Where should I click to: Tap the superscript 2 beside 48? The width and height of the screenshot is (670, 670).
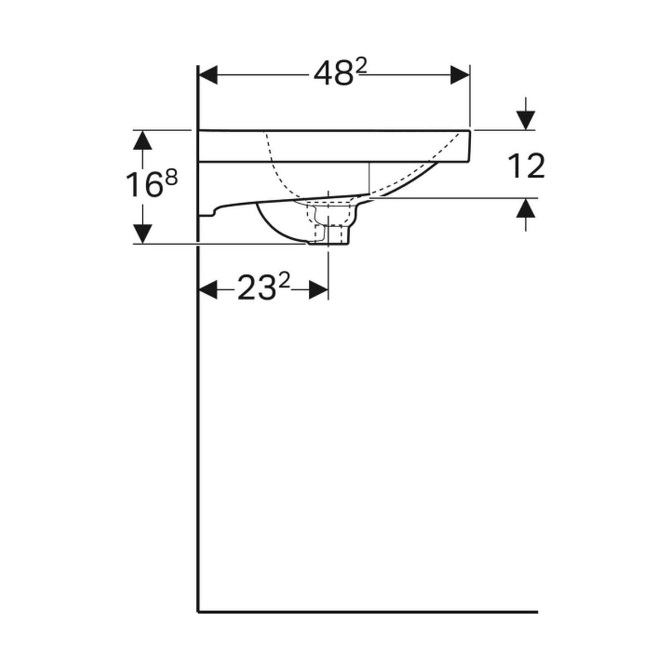(x=362, y=68)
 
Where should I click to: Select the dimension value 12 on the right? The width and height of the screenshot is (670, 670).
(x=526, y=166)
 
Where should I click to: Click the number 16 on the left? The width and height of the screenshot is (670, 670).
(x=144, y=184)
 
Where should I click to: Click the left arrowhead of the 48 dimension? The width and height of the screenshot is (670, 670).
(x=208, y=75)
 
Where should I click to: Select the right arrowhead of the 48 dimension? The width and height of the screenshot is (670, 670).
(x=460, y=75)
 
